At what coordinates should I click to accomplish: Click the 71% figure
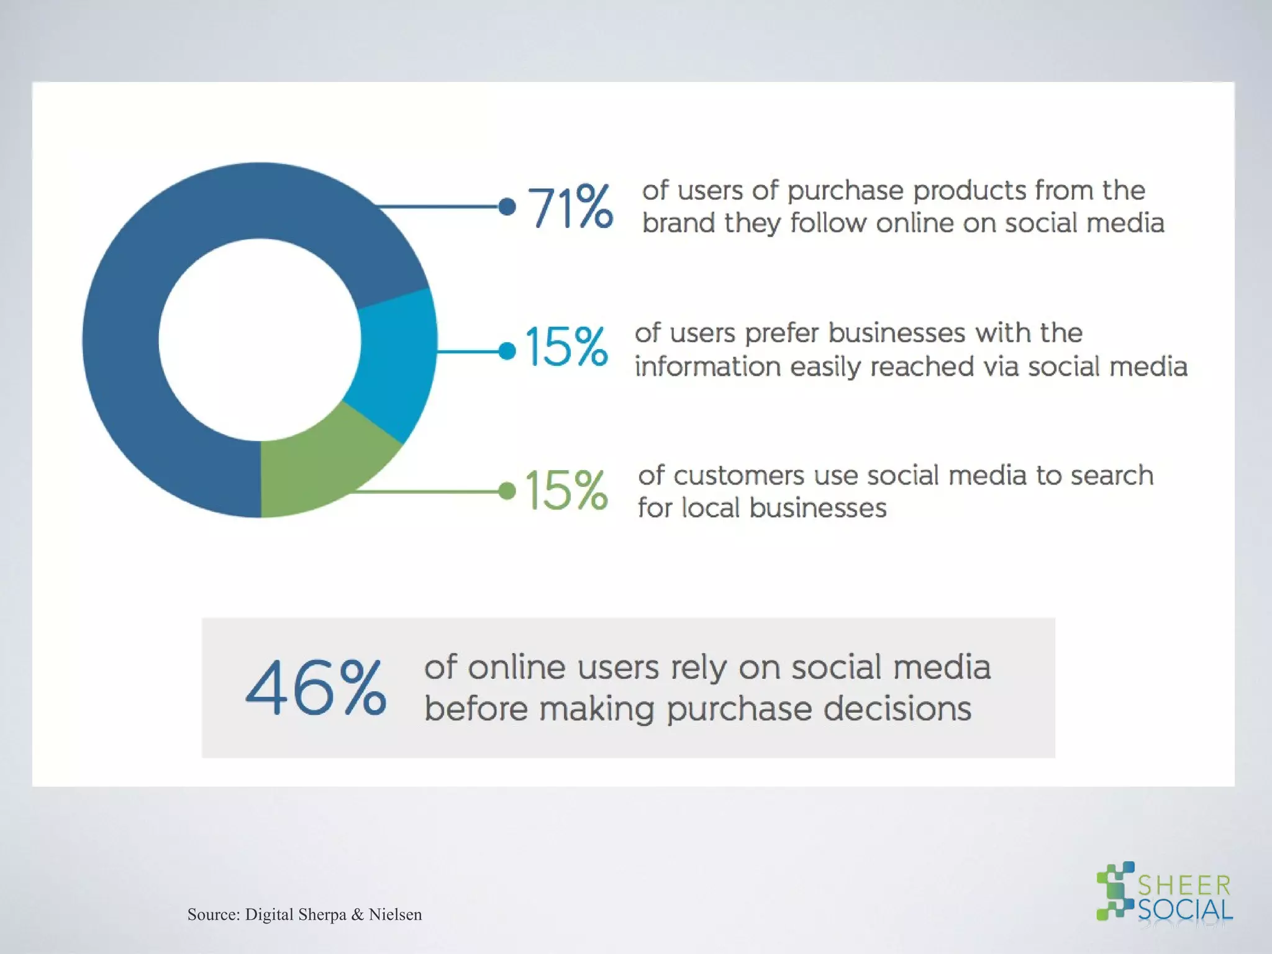point(570,207)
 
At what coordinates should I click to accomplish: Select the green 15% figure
point(566,490)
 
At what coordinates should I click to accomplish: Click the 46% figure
point(316,688)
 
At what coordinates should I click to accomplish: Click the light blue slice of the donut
point(394,360)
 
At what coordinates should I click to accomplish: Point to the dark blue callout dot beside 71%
point(507,207)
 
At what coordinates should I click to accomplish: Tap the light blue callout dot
point(507,352)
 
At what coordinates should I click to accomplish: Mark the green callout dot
point(507,491)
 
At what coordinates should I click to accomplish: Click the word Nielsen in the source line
point(395,914)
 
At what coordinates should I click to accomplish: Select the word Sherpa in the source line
point(322,915)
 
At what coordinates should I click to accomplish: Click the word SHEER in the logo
point(1184,886)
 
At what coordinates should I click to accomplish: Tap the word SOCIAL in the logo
point(1184,911)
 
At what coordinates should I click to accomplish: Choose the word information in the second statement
point(707,366)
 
